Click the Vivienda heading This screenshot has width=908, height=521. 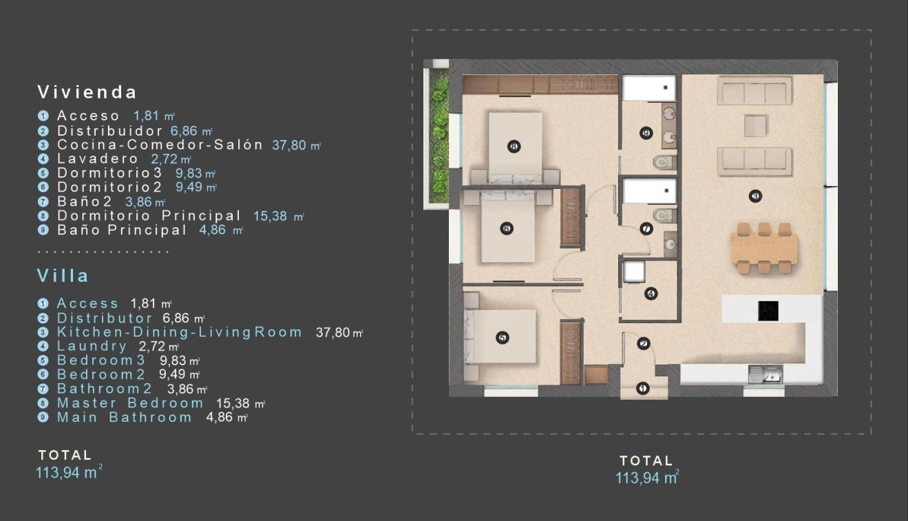tap(87, 92)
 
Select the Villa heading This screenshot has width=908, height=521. tap(63, 276)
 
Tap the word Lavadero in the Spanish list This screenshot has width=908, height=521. tap(97, 159)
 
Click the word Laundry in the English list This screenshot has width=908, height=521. tap(92, 346)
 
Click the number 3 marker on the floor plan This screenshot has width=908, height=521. tap(755, 196)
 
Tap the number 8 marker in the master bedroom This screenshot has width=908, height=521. tap(513, 145)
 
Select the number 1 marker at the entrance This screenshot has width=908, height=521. tap(643, 389)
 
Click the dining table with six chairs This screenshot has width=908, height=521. tap(764, 248)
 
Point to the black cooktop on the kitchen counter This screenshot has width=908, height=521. tap(768, 311)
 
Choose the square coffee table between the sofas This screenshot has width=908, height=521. tap(755, 126)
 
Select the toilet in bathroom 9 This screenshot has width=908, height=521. tap(663, 162)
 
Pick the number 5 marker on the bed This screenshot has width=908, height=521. tap(502, 338)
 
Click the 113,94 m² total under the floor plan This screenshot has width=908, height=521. tap(646, 478)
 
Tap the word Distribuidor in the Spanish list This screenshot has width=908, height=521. tap(109, 130)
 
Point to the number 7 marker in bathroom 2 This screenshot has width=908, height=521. tap(646, 229)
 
